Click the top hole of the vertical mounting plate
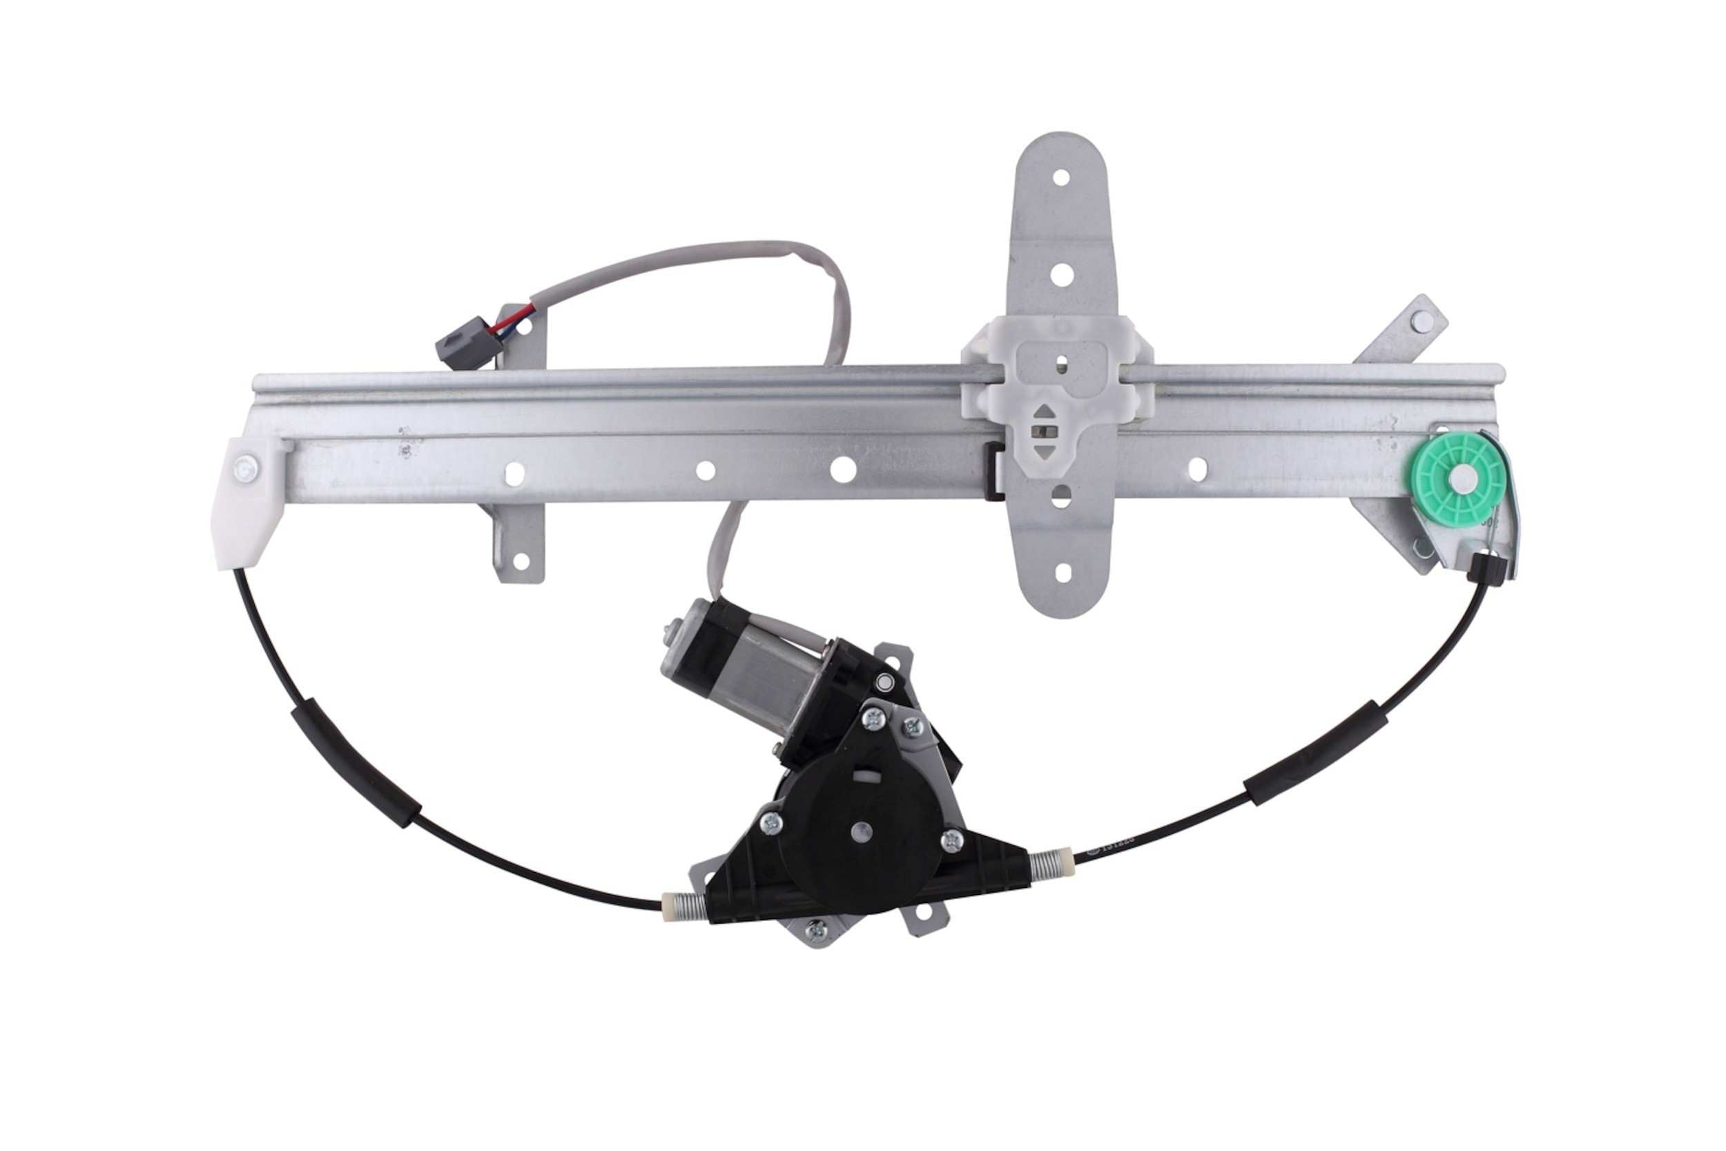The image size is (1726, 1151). coord(1060,177)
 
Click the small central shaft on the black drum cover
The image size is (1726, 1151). coord(861,830)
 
